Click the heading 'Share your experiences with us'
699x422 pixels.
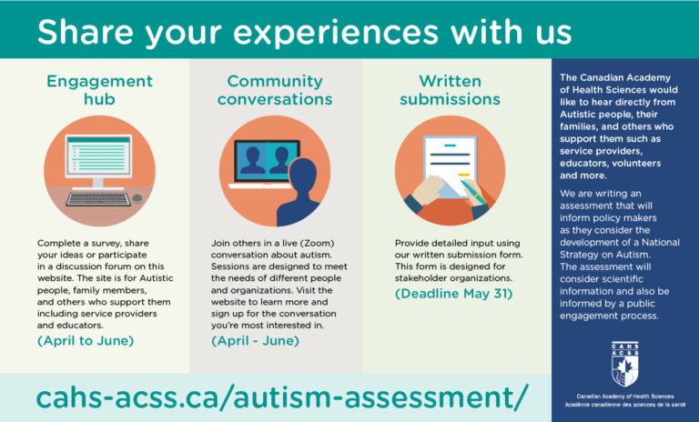click(x=305, y=32)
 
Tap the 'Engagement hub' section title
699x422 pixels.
click(x=99, y=90)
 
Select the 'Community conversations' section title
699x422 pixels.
click(x=275, y=90)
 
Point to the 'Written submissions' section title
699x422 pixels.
click(x=450, y=90)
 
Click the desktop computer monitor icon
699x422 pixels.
click(x=98, y=159)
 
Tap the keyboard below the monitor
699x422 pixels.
click(x=98, y=199)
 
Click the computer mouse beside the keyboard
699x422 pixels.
click(x=137, y=198)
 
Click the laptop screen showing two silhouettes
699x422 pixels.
click(x=267, y=160)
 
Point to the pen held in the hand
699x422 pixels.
click(x=473, y=192)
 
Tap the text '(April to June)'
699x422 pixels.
click(x=86, y=341)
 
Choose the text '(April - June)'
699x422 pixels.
click(x=255, y=341)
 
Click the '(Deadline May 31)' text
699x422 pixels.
click(x=454, y=294)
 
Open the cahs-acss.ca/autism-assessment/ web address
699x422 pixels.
click(x=282, y=397)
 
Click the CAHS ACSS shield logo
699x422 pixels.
click(x=625, y=364)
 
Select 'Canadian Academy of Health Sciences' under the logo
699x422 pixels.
click(x=625, y=397)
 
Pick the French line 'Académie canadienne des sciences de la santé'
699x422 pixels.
click(x=625, y=405)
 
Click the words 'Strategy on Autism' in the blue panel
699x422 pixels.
click(x=605, y=255)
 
